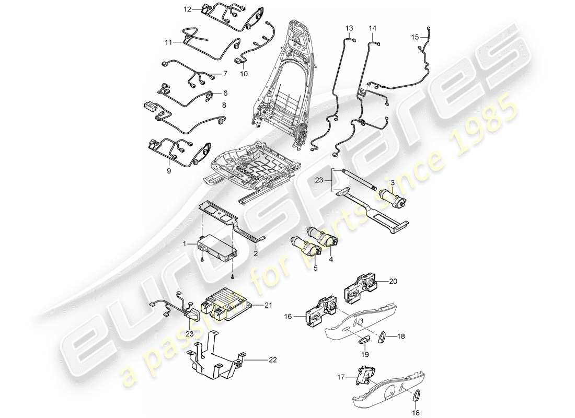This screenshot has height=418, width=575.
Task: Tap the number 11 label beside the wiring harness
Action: [x=169, y=42]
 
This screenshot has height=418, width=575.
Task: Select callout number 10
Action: [x=244, y=74]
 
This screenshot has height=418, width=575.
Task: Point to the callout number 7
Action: [x=225, y=73]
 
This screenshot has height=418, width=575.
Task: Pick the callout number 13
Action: [x=349, y=27]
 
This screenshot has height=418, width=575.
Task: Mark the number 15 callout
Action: [x=415, y=37]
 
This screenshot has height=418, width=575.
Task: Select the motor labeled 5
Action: [x=301, y=245]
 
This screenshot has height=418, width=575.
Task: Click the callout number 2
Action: [x=256, y=253]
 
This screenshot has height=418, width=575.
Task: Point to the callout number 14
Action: [x=373, y=27]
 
